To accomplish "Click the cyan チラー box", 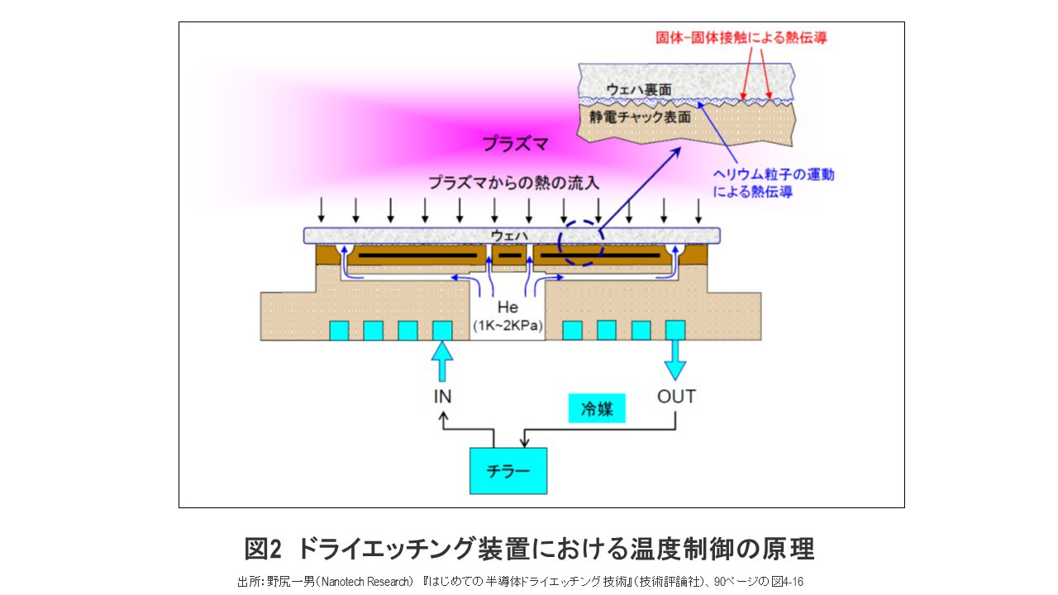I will pos(508,470).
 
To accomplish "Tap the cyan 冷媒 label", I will pos(597,408).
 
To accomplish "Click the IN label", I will pos(443,397).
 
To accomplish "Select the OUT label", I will pos(676,397).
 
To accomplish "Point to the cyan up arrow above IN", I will pos(443,362).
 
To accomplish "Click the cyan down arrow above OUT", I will pos(676,362).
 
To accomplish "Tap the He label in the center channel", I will pos(508,308).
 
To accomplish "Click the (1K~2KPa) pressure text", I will pos(508,326).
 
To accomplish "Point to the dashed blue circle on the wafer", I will pos(582,243).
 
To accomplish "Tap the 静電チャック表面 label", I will pos(640,118).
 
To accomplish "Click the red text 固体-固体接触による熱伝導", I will pos(741,38).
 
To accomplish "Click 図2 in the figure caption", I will pos(264,549).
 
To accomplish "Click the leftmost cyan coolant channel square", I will pos(339,331).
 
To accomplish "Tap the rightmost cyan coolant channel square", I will pos(675,330).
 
